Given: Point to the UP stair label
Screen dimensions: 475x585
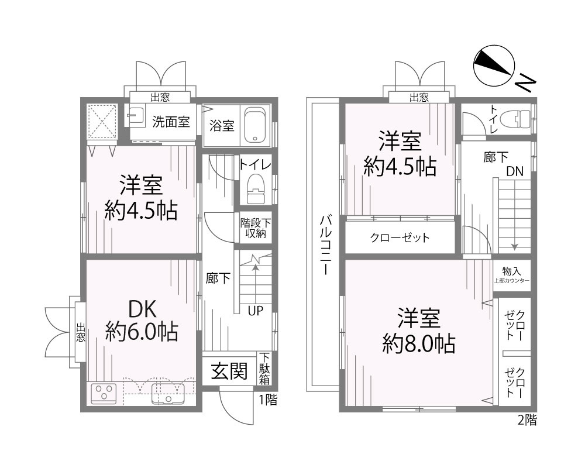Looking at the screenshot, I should [x=255, y=311].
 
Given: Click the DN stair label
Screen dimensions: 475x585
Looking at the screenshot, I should [x=515, y=171].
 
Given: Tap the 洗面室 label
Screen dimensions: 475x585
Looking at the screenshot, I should [x=171, y=122].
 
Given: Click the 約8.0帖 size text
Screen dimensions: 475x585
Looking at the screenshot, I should [x=419, y=345].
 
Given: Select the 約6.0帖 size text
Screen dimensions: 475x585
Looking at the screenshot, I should [x=142, y=332].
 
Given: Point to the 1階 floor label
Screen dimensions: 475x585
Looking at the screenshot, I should [x=269, y=400].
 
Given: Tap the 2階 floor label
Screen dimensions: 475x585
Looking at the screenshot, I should [x=526, y=419].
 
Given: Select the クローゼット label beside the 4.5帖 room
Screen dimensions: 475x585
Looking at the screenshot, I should [x=400, y=237].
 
